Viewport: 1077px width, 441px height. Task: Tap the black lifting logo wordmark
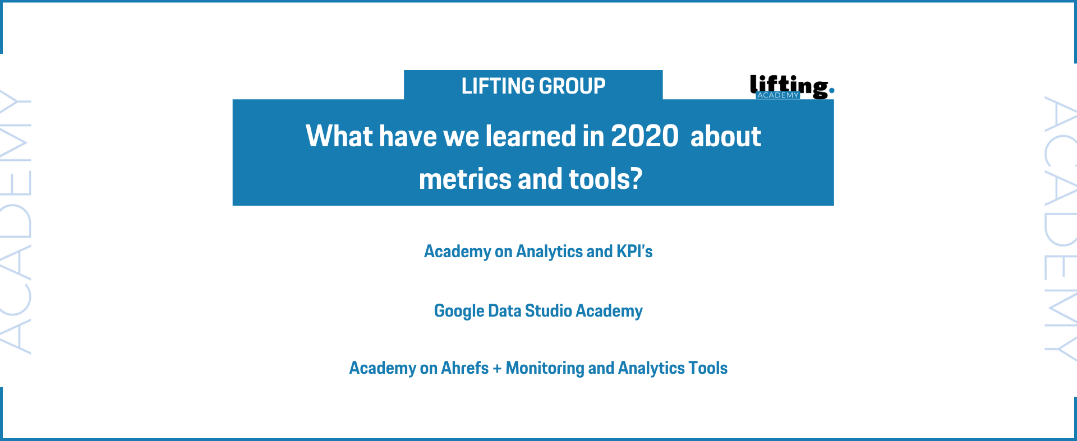(789, 86)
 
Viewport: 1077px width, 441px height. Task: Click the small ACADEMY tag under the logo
(778, 95)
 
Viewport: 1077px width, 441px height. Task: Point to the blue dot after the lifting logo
(831, 90)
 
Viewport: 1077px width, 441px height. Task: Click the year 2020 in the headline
(645, 136)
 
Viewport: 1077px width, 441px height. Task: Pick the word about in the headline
(726, 136)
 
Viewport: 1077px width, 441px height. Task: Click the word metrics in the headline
(465, 179)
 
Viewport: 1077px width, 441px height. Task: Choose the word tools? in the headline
(606, 179)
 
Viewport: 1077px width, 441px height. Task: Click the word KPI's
(634, 252)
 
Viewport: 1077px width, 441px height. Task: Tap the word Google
(459, 311)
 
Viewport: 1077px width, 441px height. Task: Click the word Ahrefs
(465, 368)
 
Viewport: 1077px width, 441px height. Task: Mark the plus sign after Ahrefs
(497, 369)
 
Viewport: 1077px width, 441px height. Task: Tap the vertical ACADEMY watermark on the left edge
(15, 221)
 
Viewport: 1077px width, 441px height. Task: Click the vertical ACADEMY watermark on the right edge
(1061, 229)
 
